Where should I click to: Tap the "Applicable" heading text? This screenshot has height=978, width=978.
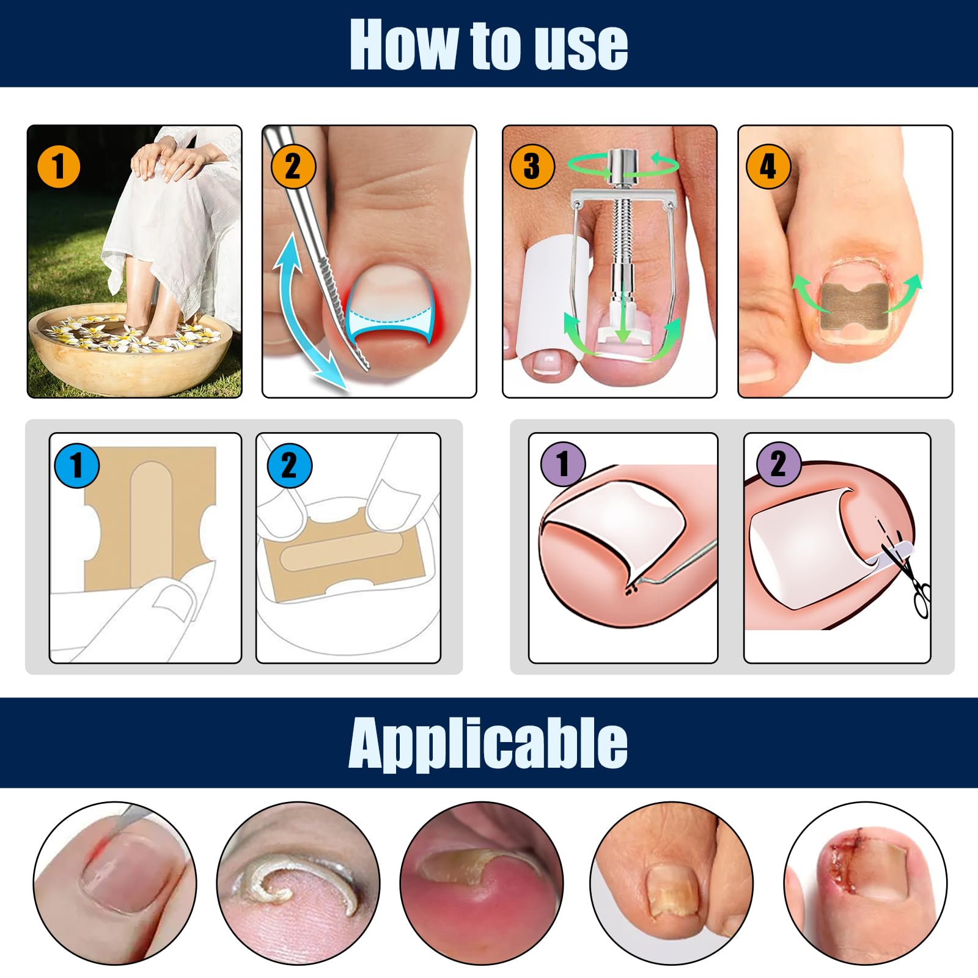pos(488,743)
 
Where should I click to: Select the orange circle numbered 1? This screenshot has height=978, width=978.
pos(59,166)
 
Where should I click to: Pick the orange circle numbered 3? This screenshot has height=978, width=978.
pos(532,166)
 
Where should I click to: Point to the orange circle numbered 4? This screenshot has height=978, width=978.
pos(768,166)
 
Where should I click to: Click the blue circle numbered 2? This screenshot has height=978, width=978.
pos(290,465)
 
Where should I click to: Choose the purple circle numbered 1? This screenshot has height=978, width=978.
pos(563,464)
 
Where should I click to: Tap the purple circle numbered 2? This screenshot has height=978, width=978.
pos(779,464)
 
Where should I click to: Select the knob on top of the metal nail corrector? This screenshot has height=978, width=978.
pos(622,166)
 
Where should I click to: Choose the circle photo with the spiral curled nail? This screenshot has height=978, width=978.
pos(298,883)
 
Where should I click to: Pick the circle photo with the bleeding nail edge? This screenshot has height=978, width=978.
pos(866,883)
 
